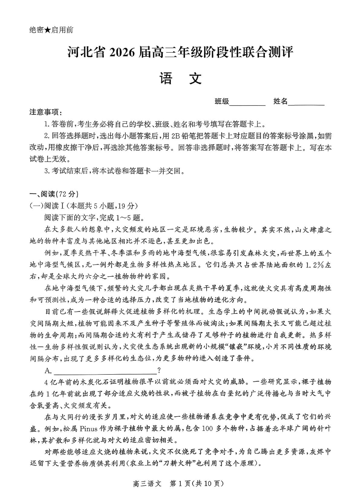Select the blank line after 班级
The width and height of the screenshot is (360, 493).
coord(248,103)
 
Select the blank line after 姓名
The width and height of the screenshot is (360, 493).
coord(306,103)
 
